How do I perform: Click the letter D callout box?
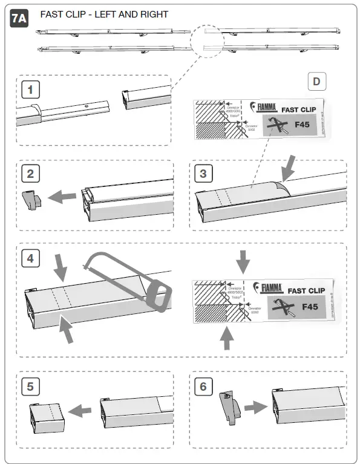(317, 82)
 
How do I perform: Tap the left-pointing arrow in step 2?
(63, 196)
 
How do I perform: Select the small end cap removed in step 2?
(30, 198)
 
